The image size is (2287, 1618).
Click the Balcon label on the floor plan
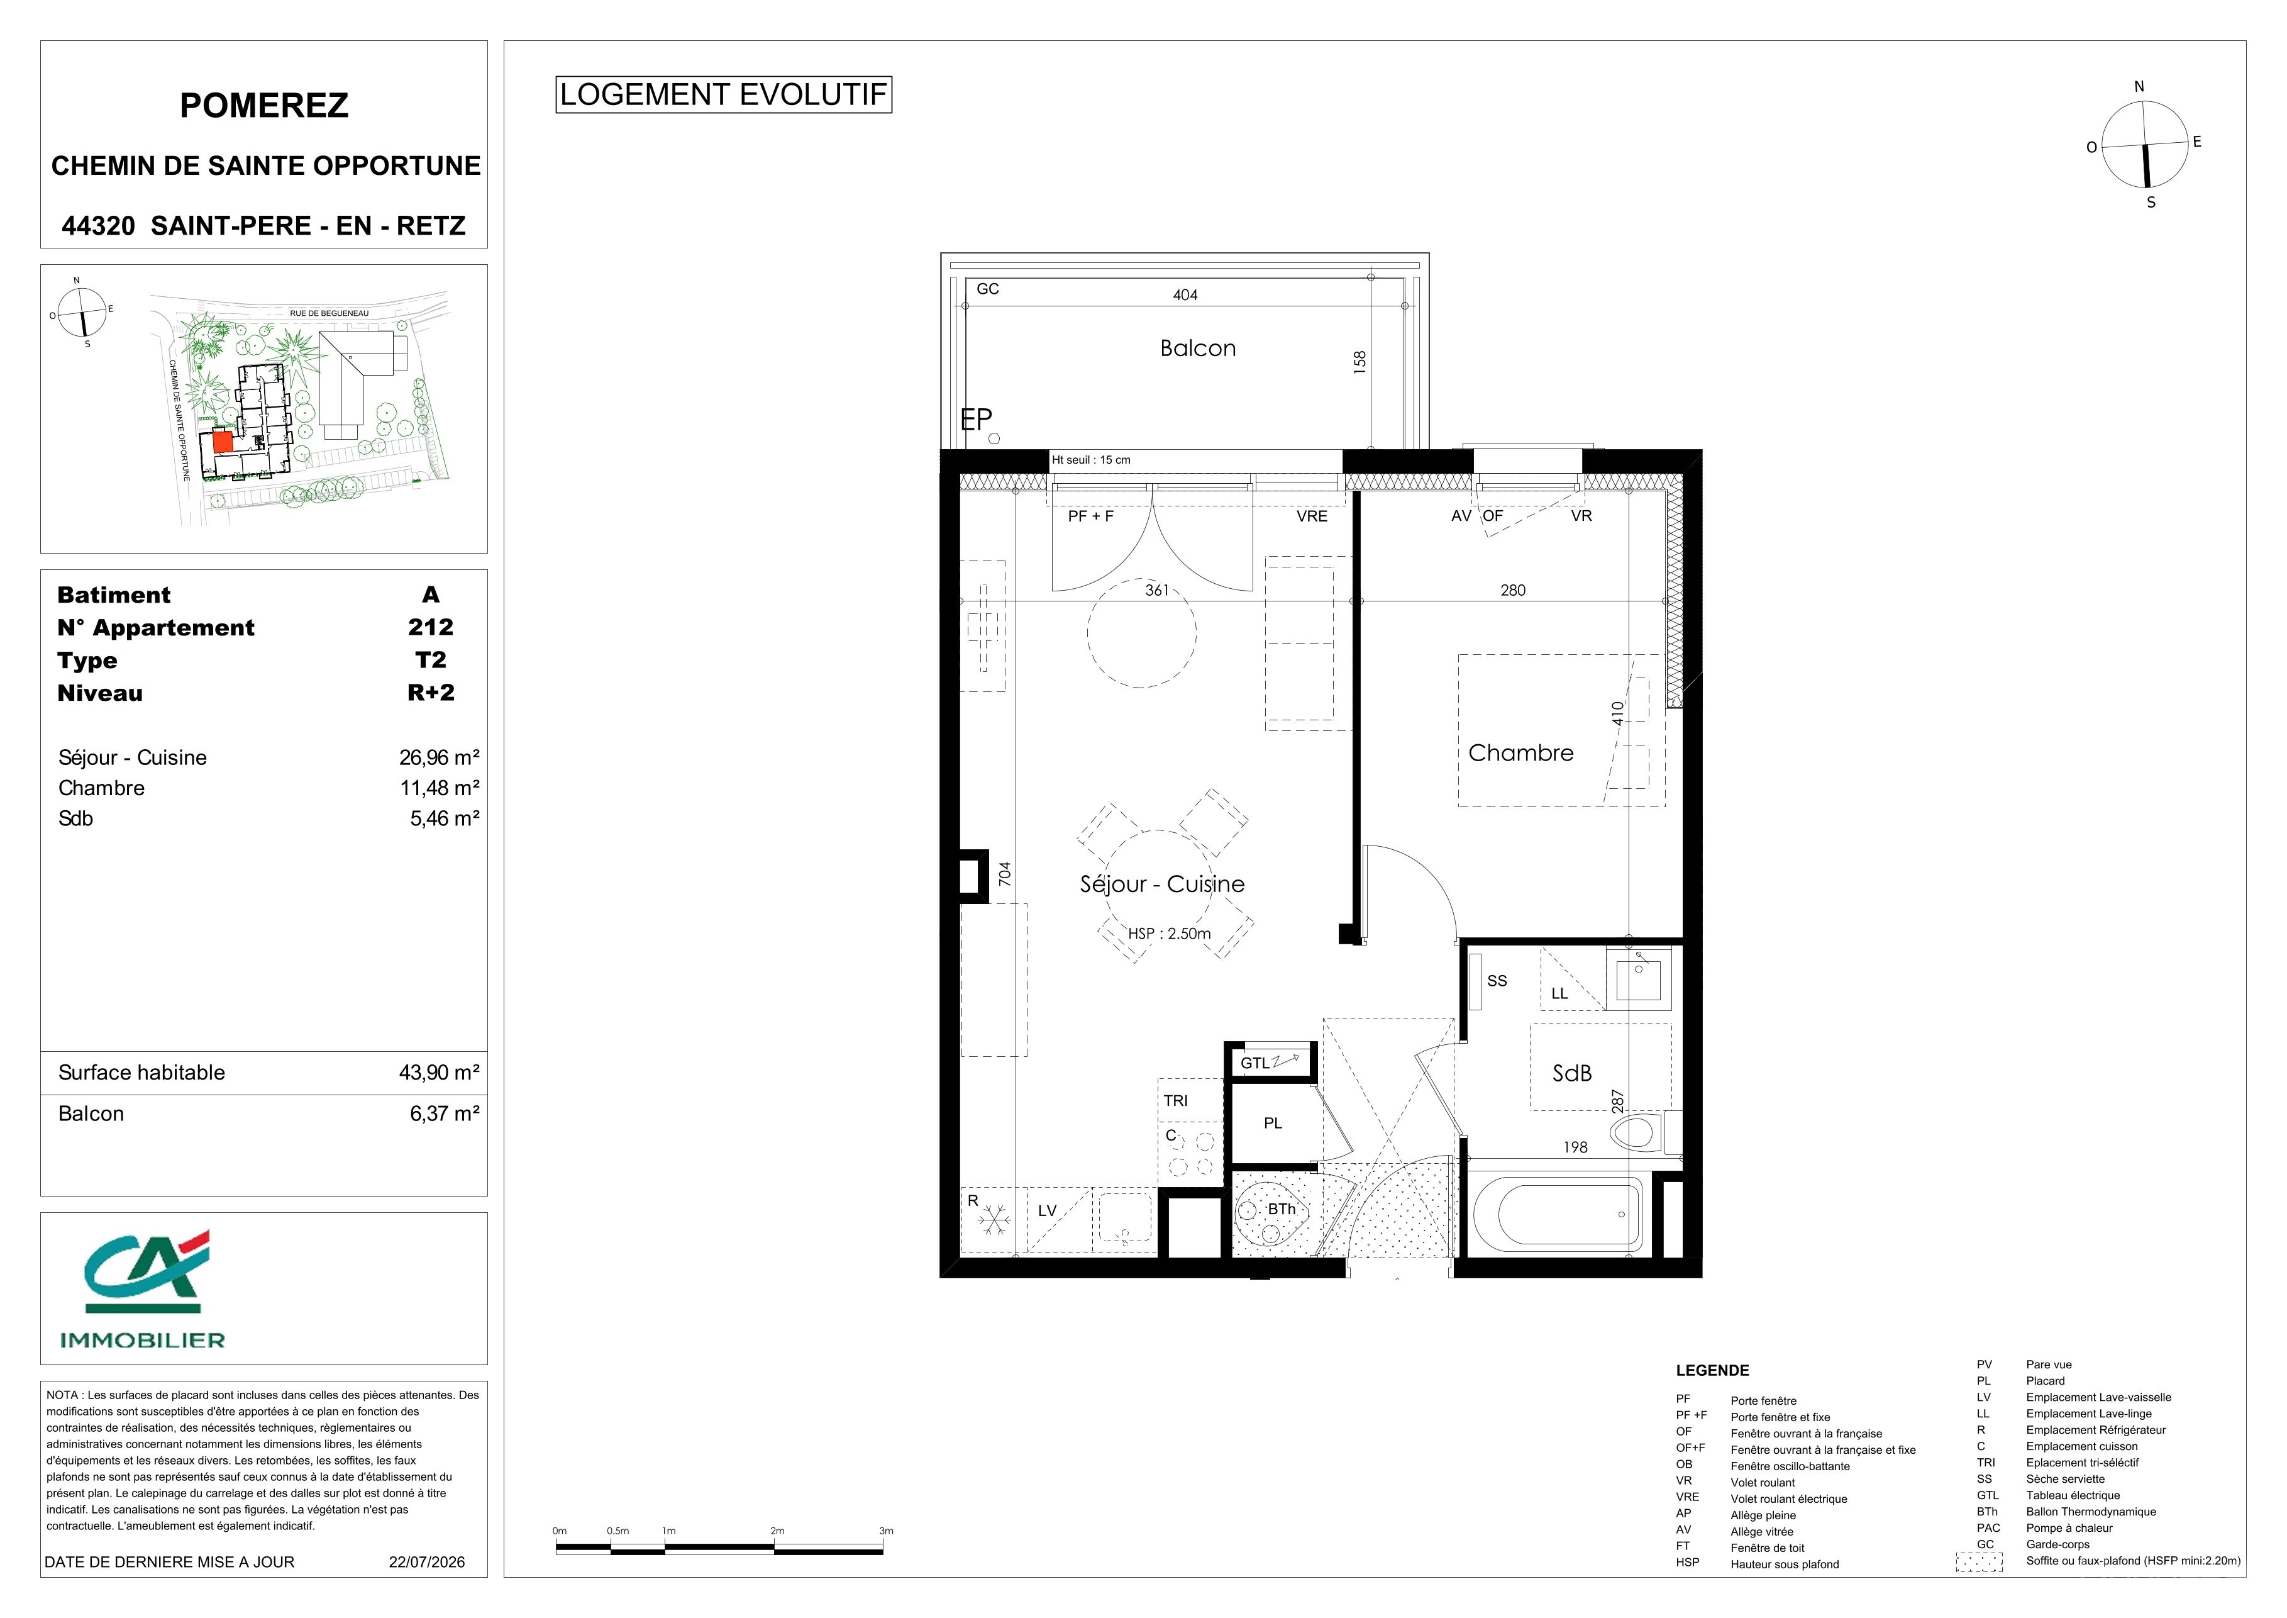tap(1197, 348)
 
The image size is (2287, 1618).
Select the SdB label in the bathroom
tap(1572, 1073)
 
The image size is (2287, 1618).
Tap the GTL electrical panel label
tap(1255, 1063)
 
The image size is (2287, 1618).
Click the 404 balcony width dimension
tap(1185, 295)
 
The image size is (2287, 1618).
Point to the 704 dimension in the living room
tap(1005, 874)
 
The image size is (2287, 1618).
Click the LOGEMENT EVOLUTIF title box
tap(723, 94)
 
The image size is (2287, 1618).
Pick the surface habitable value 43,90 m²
tap(440, 1073)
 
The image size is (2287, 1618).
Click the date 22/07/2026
tap(426, 1562)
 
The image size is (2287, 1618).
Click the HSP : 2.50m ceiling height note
tap(1170, 934)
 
